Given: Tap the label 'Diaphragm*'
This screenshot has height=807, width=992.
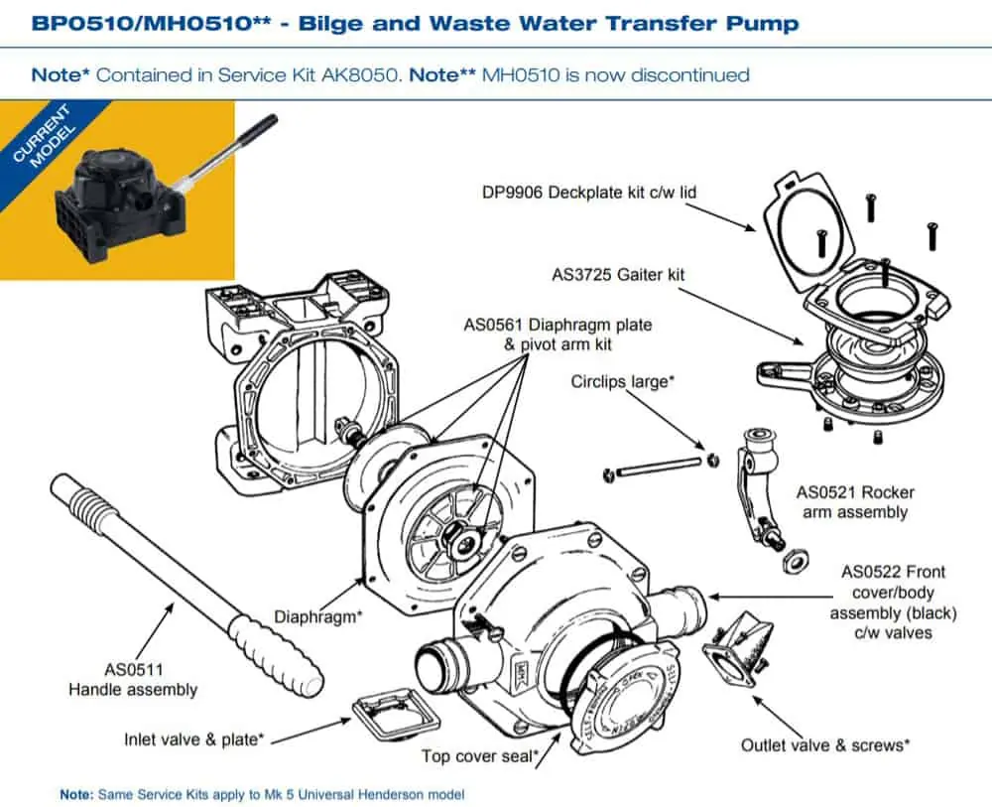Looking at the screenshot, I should [318, 617].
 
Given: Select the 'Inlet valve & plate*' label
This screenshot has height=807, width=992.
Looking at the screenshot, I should [194, 739].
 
